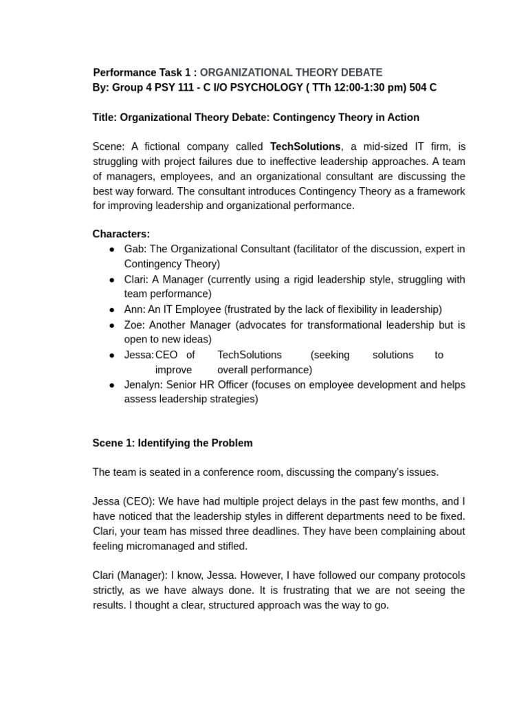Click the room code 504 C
pyautogui.click(x=423, y=87)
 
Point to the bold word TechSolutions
pyautogui.click(x=305, y=146)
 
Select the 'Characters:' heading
pyautogui.click(x=121, y=234)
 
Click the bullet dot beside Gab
pyautogui.click(x=112, y=249)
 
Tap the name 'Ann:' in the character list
pyautogui.click(x=135, y=309)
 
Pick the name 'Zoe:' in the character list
pyautogui.click(x=135, y=324)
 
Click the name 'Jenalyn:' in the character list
pyautogui.click(x=144, y=384)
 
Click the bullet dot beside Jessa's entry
pyautogui.click(x=112, y=355)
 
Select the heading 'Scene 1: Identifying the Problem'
pyautogui.click(x=173, y=443)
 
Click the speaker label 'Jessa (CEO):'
pyautogui.click(x=122, y=501)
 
